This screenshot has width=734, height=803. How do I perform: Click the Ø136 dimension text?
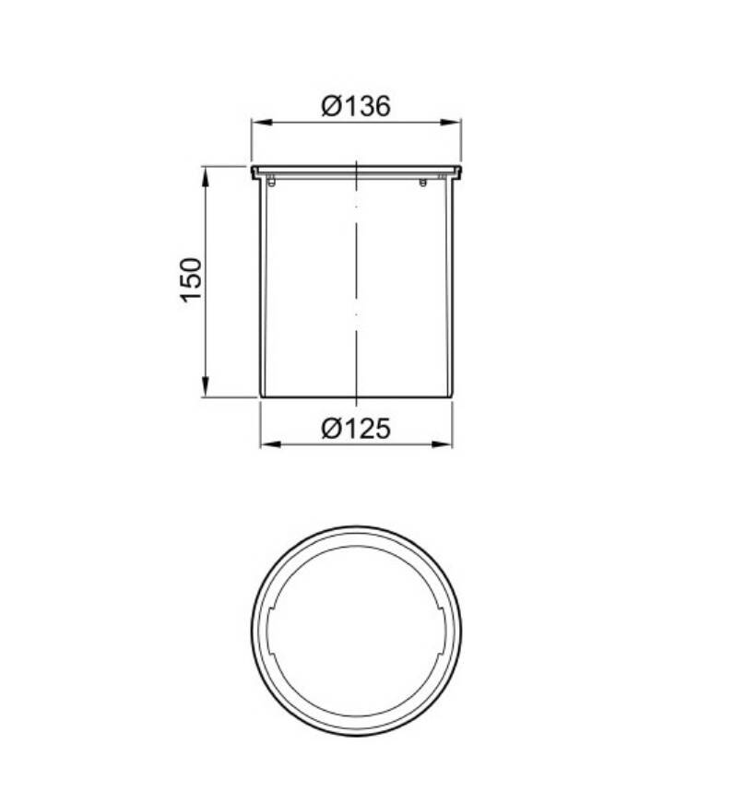[356, 106]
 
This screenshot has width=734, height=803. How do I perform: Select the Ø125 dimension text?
[356, 429]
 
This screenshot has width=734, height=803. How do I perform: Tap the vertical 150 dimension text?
[190, 280]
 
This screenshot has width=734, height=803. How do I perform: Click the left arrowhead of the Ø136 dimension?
[259, 122]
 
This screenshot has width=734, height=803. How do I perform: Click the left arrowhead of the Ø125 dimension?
[267, 444]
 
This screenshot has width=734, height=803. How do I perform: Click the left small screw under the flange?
[272, 182]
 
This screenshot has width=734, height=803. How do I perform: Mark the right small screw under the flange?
[423, 182]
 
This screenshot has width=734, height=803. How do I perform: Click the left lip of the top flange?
[254, 171]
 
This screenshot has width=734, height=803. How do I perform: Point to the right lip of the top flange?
[458, 171]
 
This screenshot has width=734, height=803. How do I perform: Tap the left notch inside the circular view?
[268, 632]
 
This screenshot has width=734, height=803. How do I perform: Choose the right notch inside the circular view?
[444, 632]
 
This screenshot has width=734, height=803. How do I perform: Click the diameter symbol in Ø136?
[332, 106]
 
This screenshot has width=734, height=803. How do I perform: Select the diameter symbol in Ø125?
[332, 429]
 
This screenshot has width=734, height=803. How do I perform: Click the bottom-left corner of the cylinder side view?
[261, 396]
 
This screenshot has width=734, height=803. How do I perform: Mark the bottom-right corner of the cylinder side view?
[452, 396]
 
